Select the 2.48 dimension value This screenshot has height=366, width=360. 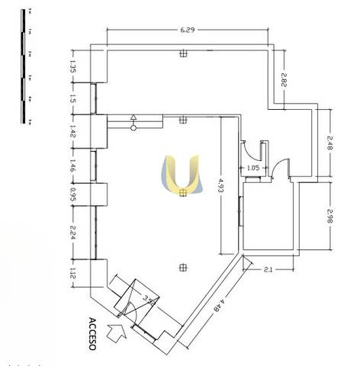tap(330, 144)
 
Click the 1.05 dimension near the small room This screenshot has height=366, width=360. tap(252, 168)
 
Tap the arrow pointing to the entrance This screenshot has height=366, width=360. tap(117, 332)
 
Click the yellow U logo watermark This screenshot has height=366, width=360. tap(182, 175)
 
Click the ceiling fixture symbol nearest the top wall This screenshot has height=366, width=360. tap(183, 53)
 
